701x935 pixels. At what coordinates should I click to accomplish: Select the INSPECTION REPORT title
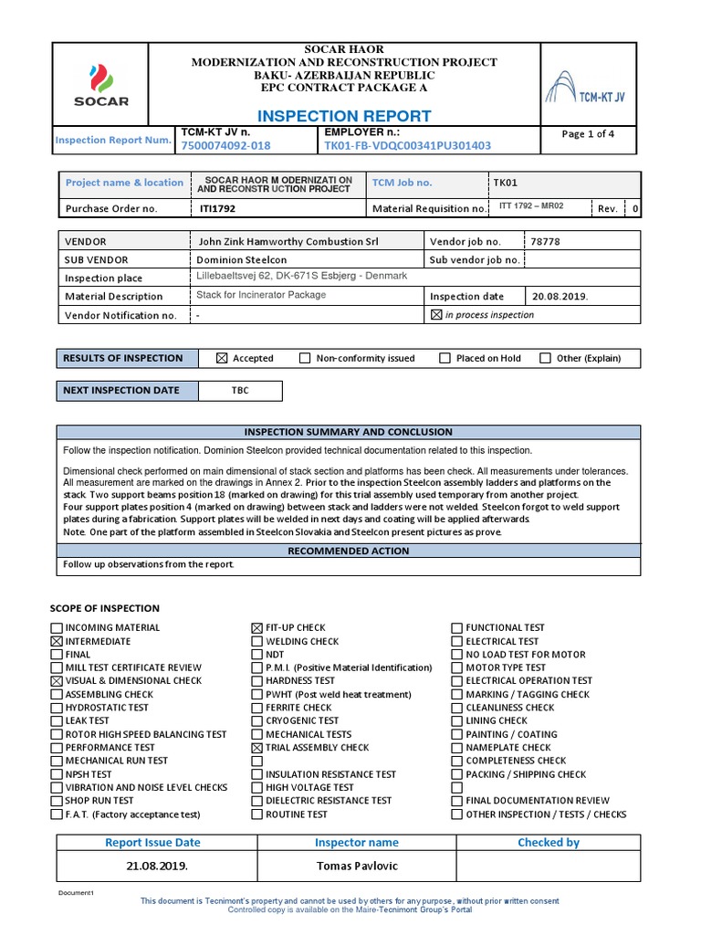[x=344, y=116]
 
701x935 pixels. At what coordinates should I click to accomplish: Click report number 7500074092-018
[x=225, y=145]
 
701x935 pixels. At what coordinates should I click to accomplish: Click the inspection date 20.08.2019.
[x=560, y=296]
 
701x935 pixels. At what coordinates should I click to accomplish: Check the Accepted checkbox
[x=222, y=359]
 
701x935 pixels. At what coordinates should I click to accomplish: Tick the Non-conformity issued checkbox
[x=305, y=359]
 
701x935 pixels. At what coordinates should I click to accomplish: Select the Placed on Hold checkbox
[x=445, y=359]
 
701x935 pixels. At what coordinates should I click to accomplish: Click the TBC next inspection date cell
[x=239, y=391]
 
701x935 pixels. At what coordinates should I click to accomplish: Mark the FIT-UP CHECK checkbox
[x=256, y=628]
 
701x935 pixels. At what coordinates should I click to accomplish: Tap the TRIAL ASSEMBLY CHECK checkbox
[x=256, y=748]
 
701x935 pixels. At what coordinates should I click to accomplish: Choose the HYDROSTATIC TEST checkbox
[x=57, y=708]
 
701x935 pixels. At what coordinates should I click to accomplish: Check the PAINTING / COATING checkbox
[x=457, y=734]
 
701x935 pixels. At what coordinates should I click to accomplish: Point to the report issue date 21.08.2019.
[x=152, y=866]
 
